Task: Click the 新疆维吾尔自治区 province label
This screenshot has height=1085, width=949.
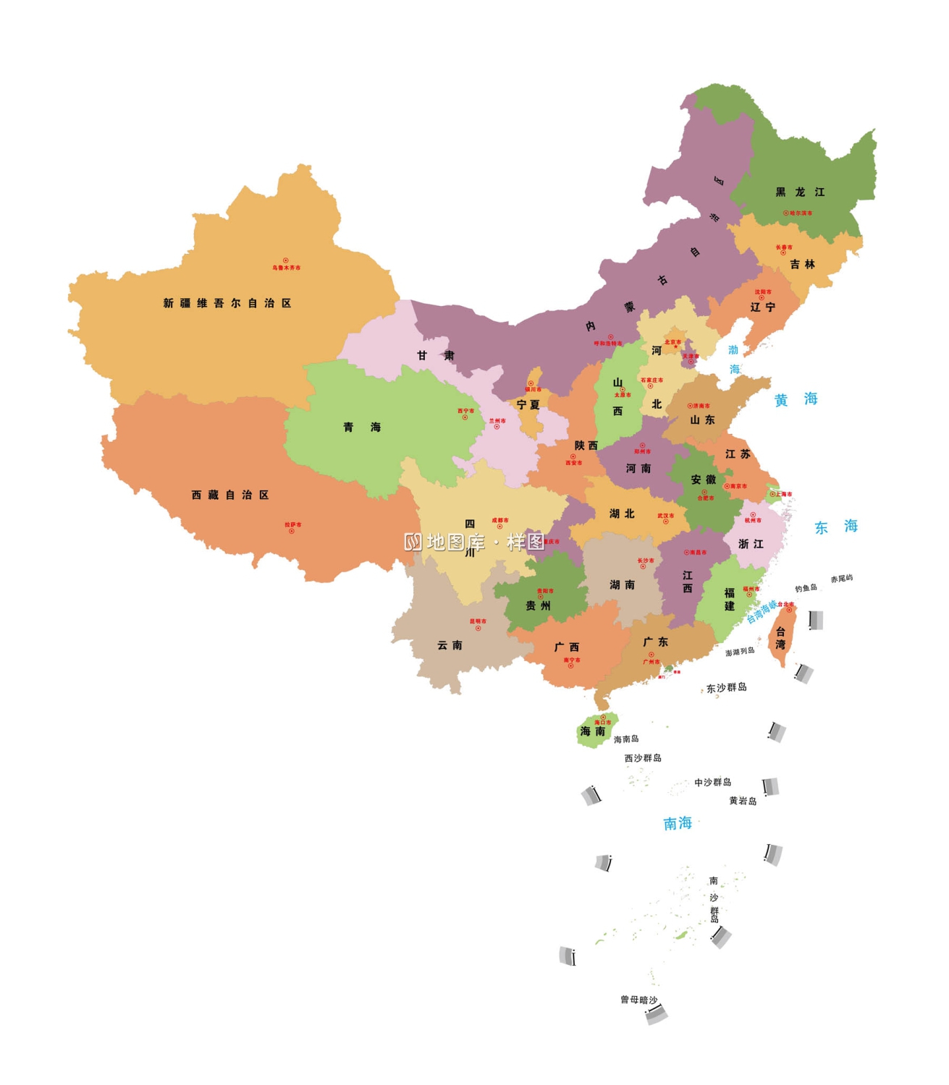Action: [227, 303]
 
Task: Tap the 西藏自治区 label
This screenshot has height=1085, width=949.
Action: [230, 495]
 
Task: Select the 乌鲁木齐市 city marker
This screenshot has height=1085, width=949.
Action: [285, 260]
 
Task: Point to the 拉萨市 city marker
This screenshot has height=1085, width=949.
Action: [292, 531]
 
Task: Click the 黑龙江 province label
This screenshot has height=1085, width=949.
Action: [800, 192]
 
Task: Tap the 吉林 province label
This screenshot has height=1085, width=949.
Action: [802, 264]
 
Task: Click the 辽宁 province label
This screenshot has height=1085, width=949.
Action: [762, 307]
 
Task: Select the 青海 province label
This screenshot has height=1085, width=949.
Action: [362, 427]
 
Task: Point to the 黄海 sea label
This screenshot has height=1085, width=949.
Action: [796, 399]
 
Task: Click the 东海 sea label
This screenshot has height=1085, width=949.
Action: [836, 527]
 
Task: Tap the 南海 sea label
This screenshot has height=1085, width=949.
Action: [678, 823]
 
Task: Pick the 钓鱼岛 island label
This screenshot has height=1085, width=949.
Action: [806, 588]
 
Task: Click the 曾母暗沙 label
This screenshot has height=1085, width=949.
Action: [638, 1000]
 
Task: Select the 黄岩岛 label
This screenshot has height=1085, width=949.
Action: [743, 801]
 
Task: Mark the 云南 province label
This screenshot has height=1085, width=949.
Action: [450, 645]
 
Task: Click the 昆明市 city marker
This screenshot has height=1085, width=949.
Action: [478, 628]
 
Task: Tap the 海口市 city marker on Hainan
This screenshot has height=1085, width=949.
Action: [603, 718]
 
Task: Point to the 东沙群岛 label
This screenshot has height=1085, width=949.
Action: [727, 687]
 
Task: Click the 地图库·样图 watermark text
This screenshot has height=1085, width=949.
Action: [475, 542]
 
